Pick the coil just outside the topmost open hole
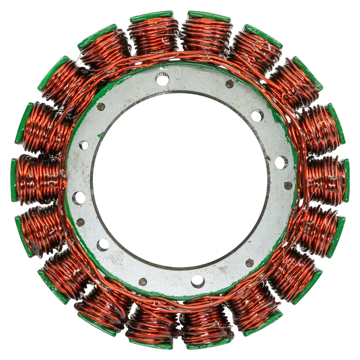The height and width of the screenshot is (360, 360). (x=154, y=36)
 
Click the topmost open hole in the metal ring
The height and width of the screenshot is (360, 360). (x=162, y=79)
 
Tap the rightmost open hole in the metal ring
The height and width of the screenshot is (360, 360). (x=281, y=162)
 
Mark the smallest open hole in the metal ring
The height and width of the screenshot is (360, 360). (x=84, y=145)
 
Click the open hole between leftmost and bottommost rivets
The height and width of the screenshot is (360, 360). (x=103, y=244)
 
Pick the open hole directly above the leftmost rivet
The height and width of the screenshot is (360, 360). (x=79, y=198)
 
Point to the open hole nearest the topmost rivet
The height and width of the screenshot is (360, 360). (x=257, y=115)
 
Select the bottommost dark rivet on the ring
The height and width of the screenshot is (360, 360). (x=142, y=282)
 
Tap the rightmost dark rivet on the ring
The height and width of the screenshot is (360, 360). (x=288, y=185)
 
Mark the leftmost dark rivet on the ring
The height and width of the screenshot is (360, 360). (x=80, y=222)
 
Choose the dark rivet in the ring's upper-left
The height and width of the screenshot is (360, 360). (x=100, y=106)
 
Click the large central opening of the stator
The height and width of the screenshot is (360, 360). (x=180, y=180)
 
